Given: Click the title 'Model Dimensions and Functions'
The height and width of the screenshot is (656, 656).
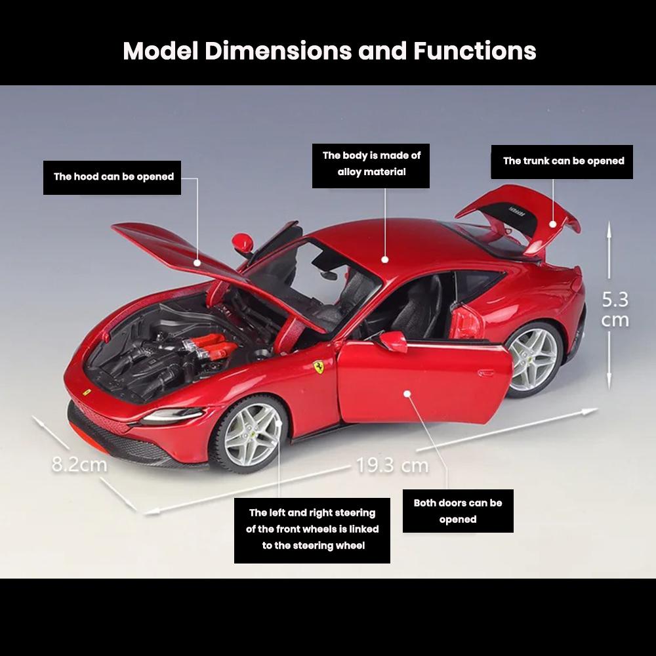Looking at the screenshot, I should [329, 51].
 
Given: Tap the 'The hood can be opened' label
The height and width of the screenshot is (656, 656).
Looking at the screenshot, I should [113, 176].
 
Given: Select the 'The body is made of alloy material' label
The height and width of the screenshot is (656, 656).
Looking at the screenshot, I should [371, 165].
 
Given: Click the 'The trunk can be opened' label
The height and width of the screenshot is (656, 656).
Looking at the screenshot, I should [563, 161].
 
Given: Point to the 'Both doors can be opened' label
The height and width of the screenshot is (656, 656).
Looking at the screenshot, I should [458, 511].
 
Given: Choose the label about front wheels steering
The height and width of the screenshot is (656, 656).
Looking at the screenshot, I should [312, 529].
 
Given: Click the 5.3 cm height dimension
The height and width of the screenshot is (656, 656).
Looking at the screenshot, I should [615, 310].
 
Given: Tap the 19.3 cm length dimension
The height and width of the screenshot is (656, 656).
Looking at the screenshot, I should [392, 466].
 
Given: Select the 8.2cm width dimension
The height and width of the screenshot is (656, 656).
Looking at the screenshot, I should [79, 464].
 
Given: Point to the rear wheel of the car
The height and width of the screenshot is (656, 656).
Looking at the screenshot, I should [533, 358].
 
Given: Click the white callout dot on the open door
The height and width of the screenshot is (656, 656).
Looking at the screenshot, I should [407, 394].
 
